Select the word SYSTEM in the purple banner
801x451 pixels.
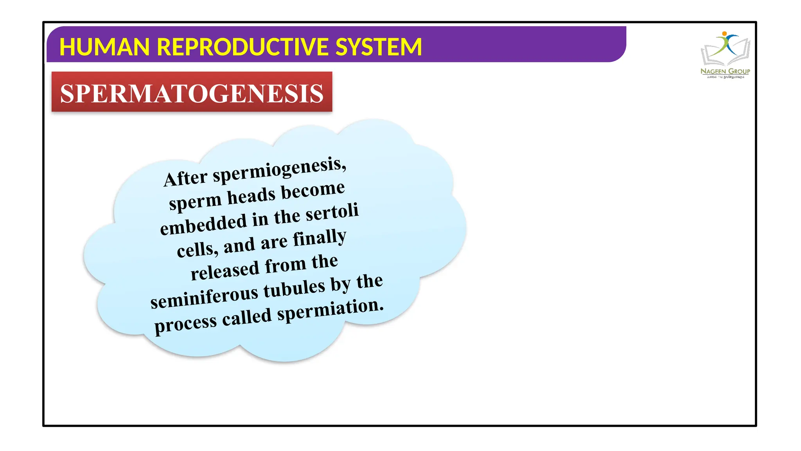pyautogui.click(x=378, y=47)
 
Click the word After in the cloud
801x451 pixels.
pyautogui.click(x=185, y=179)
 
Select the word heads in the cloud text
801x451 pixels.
pyautogui.click(x=251, y=196)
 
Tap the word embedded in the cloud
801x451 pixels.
pyautogui.click(x=203, y=224)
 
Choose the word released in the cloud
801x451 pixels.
pyautogui.click(x=225, y=270)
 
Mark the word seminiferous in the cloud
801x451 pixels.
pyautogui.click(x=204, y=298)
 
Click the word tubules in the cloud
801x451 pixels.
pyautogui.click(x=294, y=289)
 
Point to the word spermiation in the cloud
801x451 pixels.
pyautogui.click(x=330, y=309)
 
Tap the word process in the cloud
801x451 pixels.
pyautogui.click(x=185, y=324)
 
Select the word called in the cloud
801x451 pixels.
pyautogui.click(x=247, y=317)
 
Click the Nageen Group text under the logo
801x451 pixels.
pyautogui.click(x=725, y=71)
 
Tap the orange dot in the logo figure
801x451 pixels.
pyautogui.click(x=724, y=34)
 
